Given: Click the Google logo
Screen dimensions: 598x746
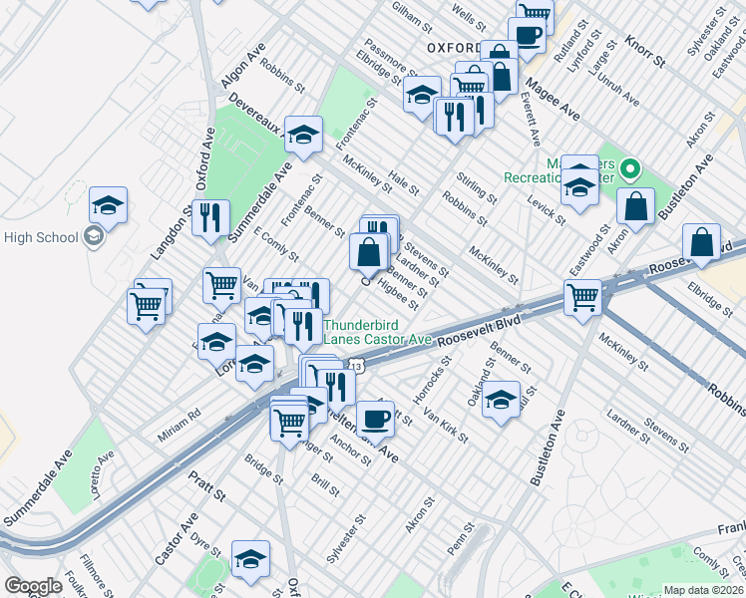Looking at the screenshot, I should coord(33,586).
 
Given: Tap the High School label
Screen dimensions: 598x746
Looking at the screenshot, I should coord(41,236).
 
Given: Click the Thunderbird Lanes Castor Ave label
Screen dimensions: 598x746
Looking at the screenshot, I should coord(377,331).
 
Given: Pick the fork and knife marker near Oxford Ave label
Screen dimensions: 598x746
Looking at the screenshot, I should coord(210,217).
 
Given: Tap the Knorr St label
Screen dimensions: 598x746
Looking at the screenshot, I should coord(644,48).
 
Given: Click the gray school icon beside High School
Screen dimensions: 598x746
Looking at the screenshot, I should coord(93,236).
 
